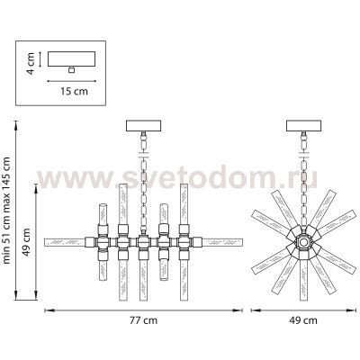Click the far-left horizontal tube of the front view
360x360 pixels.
click(68, 242)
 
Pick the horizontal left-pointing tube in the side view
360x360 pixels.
click(270, 243)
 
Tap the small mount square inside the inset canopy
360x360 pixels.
click(72, 68)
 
